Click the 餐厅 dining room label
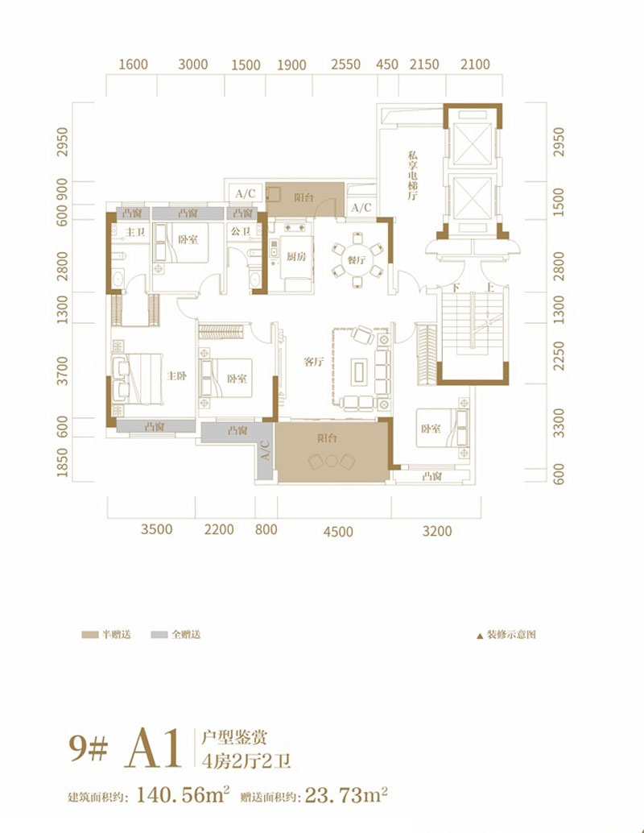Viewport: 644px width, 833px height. coord(357,259)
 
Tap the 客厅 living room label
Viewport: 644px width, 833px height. coord(314,362)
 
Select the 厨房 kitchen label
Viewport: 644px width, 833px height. coord(296,257)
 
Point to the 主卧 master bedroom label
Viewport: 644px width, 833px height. coord(176,375)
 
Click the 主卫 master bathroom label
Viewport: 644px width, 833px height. coord(135,232)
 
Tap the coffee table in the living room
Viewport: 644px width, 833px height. coord(359,371)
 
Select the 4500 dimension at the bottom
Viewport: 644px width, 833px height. coord(338,531)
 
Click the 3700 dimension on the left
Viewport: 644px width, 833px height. coord(63,371)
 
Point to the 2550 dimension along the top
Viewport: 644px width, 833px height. coord(345,64)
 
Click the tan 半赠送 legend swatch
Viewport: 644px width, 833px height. coord(89,634)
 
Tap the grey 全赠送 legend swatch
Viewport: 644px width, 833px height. coord(159,634)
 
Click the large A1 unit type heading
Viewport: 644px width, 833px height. coord(154,748)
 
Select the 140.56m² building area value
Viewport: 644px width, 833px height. coord(183,795)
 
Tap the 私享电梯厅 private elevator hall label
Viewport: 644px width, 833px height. coord(412,176)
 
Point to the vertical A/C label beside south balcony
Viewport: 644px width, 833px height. coord(265,450)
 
